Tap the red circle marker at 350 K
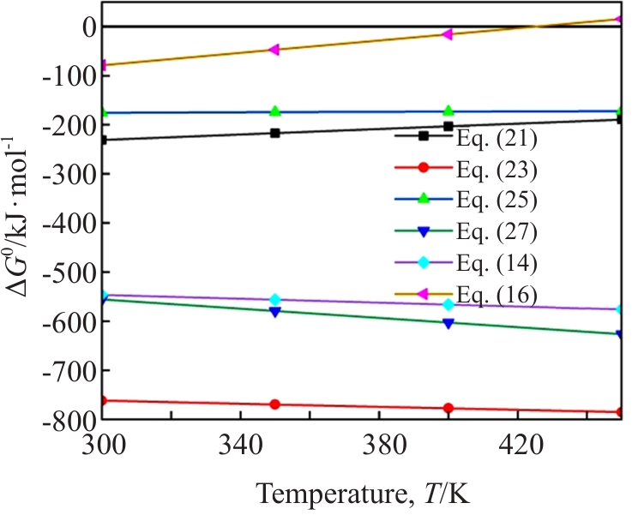274,404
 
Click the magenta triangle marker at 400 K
447,34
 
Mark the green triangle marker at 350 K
274,111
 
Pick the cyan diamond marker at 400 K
447,304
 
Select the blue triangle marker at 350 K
274,312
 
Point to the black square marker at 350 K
274,133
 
